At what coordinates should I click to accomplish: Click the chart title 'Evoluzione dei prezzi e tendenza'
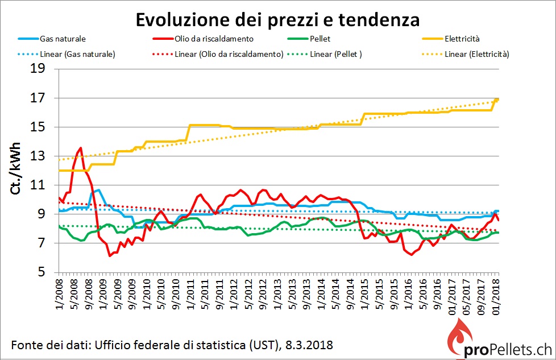tap(277, 20)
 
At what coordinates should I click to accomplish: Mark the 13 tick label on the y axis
tap(44, 156)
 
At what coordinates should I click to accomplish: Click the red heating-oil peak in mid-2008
tap(80, 148)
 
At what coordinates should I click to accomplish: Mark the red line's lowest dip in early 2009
tap(110, 256)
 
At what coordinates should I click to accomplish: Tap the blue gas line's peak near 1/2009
tap(98, 190)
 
